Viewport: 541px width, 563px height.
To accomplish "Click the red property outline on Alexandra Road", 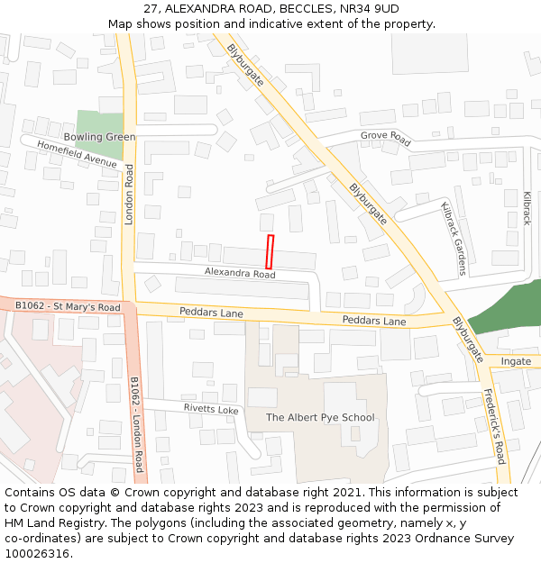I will tap(270, 250).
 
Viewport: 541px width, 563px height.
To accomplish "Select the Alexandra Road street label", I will tap(240, 273).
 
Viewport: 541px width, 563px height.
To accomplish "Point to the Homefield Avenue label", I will tap(77, 154).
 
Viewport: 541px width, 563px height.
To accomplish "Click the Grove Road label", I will tap(385, 139).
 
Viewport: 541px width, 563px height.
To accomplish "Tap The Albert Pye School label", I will tap(320, 417).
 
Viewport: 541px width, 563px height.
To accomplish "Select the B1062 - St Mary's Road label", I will tap(68, 307).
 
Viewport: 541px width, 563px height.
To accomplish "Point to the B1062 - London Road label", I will tap(136, 423).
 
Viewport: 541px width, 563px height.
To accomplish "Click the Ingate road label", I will tap(516, 361).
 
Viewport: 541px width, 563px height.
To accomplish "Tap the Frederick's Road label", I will tap(493, 425).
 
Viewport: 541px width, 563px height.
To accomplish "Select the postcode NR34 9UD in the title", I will tap(371, 8).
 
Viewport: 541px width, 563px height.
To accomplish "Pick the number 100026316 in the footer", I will tap(38, 554).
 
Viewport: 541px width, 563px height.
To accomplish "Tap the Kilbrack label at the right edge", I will tap(527, 207).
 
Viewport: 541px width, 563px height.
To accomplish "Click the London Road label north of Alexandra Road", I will tap(129, 195).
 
